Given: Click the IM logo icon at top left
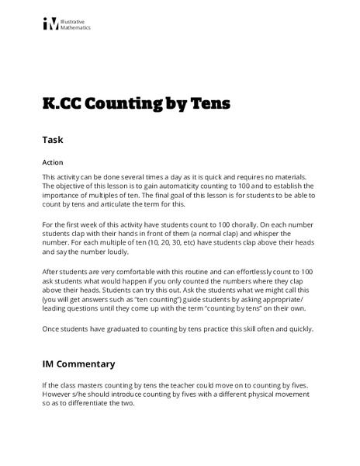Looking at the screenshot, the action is [x=50, y=24].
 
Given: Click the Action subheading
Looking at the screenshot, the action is [x=51, y=164].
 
